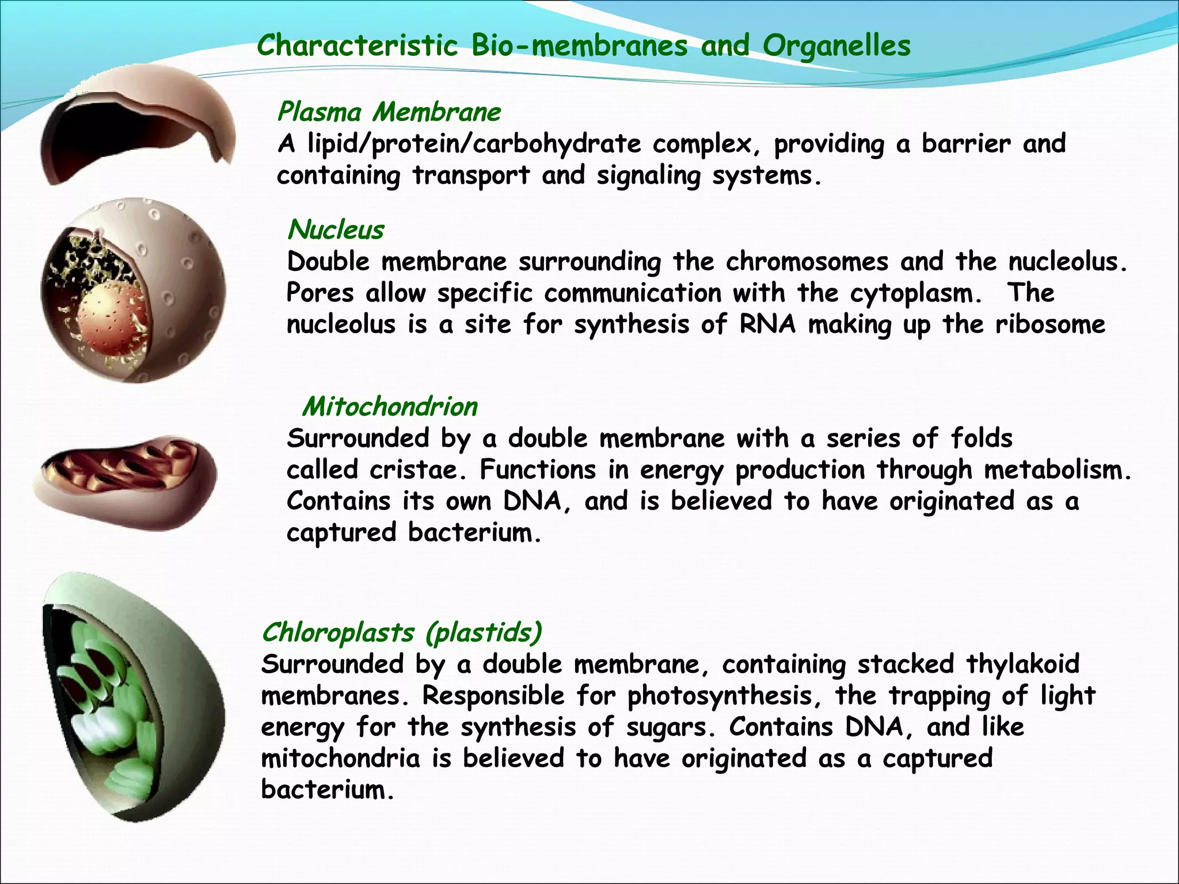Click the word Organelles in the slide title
pyautogui.click(x=836, y=46)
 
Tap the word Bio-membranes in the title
pyautogui.click(x=579, y=46)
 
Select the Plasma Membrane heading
pyautogui.click(x=389, y=112)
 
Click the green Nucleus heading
pyautogui.click(x=336, y=230)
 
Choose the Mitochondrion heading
pyautogui.click(x=390, y=406)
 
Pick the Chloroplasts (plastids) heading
pyautogui.click(x=401, y=632)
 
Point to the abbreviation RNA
pyautogui.click(x=767, y=324)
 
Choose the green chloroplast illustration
pyautogui.click(x=130, y=696)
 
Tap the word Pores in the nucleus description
pyautogui.click(x=320, y=294)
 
